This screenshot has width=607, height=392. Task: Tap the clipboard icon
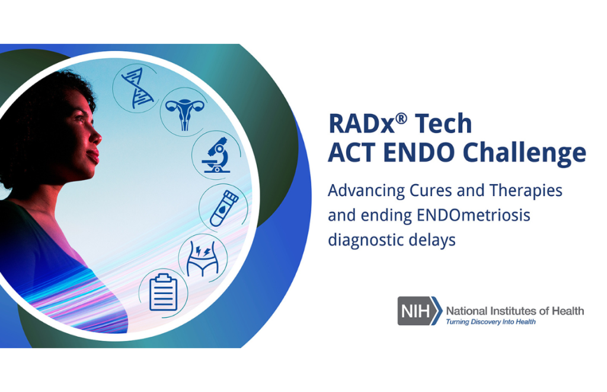tap(163, 293)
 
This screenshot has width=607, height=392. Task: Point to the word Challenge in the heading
tap(524, 153)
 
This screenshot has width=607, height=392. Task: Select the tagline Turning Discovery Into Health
tap(491, 322)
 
